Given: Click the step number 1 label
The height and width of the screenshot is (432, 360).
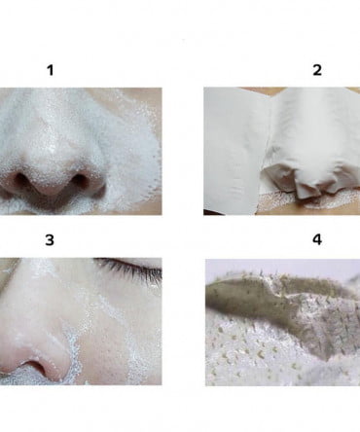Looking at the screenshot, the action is click(x=51, y=70).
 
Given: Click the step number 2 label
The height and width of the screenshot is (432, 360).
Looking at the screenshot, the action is click(x=317, y=70).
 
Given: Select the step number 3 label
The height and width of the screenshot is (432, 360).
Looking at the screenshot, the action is click(x=50, y=240).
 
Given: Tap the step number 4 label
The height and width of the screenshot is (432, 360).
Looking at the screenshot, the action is click(x=317, y=239).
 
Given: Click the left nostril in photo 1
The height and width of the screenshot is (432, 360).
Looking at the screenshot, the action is click(x=20, y=179).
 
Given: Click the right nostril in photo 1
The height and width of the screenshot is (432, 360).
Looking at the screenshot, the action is click(x=80, y=180).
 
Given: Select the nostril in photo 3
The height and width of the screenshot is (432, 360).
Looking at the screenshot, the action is click(x=35, y=367).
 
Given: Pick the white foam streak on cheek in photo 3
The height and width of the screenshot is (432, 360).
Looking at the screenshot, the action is click(x=107, y=311).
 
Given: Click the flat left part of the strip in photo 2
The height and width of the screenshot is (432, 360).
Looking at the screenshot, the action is click(x=234, y=149).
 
